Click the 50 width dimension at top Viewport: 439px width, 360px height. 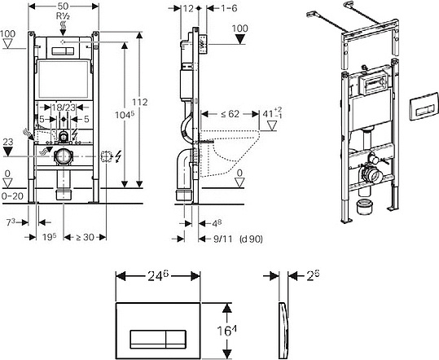(64, 7)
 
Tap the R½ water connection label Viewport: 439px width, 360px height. (63, 16)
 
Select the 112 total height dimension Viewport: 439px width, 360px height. (140, 102)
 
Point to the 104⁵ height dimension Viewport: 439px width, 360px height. (125, 115)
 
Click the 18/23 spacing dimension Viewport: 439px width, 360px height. (64, 108)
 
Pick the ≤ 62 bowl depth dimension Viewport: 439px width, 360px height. (230, 114)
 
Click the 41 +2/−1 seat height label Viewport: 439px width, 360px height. (272, 113)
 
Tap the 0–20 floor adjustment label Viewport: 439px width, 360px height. (12, 196)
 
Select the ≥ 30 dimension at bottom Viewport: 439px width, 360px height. (85, 237)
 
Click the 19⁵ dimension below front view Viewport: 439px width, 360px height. (49, 237)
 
